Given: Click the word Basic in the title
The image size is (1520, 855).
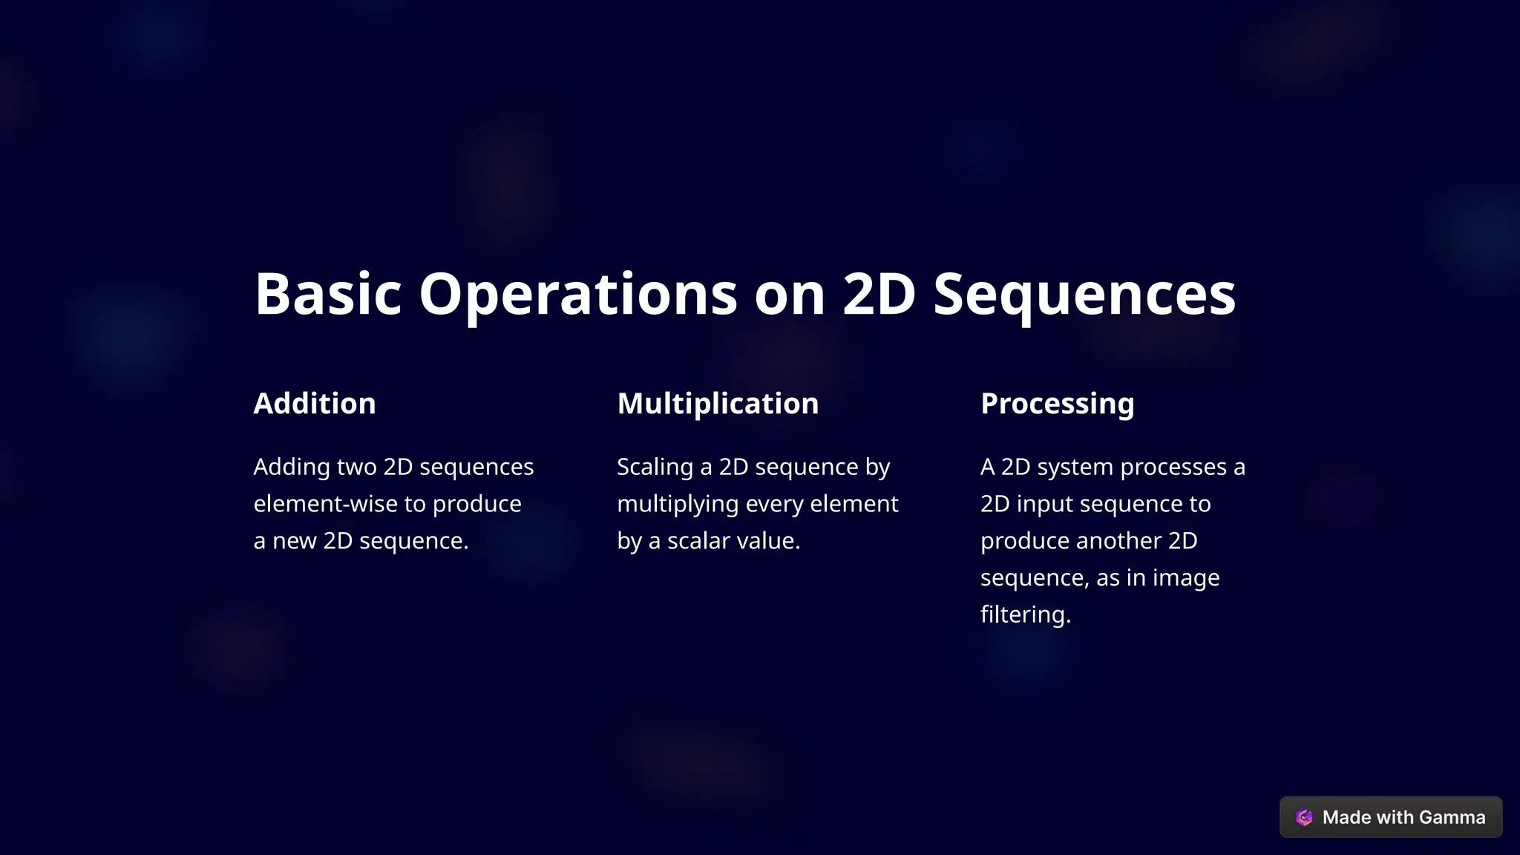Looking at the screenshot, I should pyautogui.click(x=327, y=294).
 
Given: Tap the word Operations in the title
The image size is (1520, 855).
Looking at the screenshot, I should pyautogui.click(x=577, y=294).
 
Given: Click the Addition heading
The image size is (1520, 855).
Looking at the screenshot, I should pyautogui.click(x=315, y=404).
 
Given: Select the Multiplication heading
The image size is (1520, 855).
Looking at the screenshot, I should pyautogui.click(x=718, y=404).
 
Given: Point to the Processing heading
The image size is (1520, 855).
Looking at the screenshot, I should pyautogui.click(x=1057, y=404).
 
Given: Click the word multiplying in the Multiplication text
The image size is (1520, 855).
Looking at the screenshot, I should pyautogui.click(x=677, y=504).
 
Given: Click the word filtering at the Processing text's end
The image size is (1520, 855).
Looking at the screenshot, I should pyautogui.click(x=1024, y=615).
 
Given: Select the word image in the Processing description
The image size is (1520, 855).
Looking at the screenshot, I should pyautogui.click(x=1185, y=577).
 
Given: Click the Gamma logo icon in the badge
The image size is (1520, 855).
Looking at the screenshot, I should pyautogui.click(x=1304, y=817).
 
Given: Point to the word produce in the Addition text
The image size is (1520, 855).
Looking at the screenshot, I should pyautogui.click(x=476, y=504).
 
